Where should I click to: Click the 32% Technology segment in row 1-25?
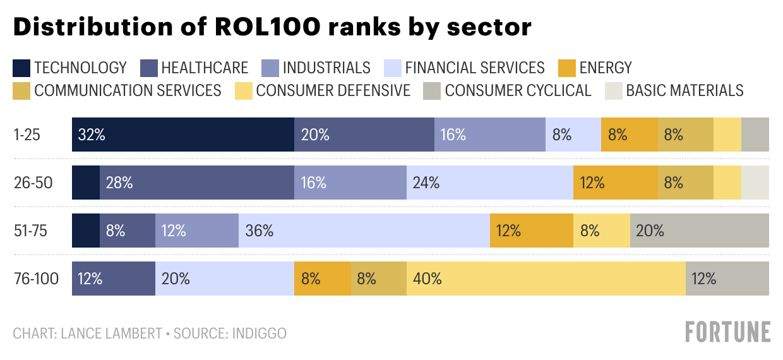[x=183, y=134]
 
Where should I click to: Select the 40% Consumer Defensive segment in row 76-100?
[x=546, y=279]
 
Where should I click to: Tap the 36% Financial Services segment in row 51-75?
[x=364, y=231]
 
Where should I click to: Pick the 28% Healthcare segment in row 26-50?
[x=197, y=183]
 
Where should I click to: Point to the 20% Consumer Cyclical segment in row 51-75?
[x=700, y=231]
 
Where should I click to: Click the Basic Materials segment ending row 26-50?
[x=755, y=183]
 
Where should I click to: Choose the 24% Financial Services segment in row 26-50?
[x=490, y=183]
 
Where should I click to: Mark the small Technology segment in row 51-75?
[x=86, y=231]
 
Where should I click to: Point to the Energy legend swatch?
[x=566, y=68]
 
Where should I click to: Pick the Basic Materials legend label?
[x=684, y=90]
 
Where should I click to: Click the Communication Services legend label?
[x=128, y=90]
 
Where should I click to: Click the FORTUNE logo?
[x=728, y=332]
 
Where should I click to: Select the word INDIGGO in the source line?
[x=258, y=333]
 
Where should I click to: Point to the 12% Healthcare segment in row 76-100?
[x=114, y=279]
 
